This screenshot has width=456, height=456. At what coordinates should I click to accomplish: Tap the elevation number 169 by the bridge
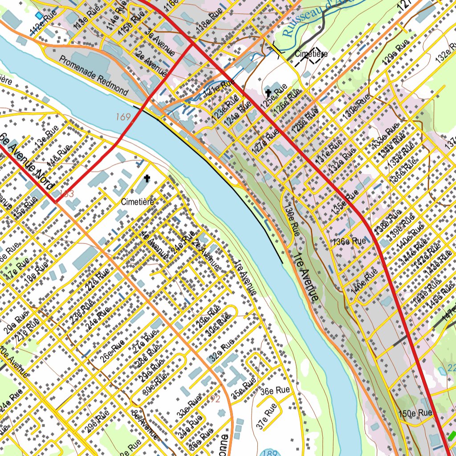tap(123, 117)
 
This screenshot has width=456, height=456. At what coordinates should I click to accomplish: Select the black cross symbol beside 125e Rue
tap(269, 93)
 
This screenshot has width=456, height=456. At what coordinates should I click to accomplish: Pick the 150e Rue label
tap(416, 413)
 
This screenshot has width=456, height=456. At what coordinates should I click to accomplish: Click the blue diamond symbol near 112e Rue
tap(39, 16)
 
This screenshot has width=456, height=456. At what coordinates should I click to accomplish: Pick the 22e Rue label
tap(98, 279)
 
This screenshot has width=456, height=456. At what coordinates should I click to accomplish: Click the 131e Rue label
tap(329, 151)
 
